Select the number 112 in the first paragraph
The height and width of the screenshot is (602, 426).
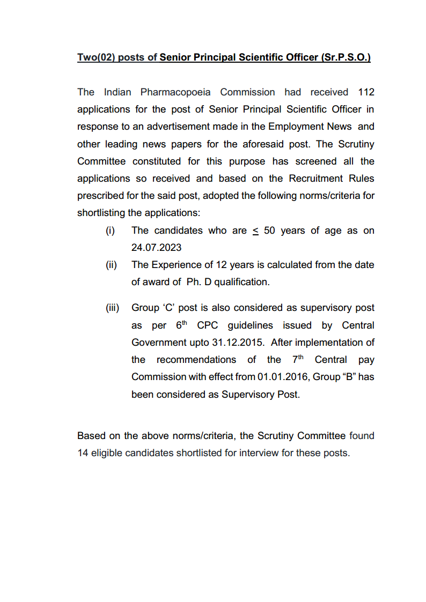366,92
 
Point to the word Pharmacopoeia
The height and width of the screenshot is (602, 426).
177,92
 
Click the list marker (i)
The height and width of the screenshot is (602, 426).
110,231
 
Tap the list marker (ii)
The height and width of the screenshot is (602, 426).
111,265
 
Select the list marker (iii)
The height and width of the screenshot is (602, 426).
112,308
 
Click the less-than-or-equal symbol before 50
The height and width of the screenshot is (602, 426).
255,231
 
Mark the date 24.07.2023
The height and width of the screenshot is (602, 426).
156,248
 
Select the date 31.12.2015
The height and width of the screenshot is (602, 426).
239,343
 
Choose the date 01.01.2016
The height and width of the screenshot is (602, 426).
282,377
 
